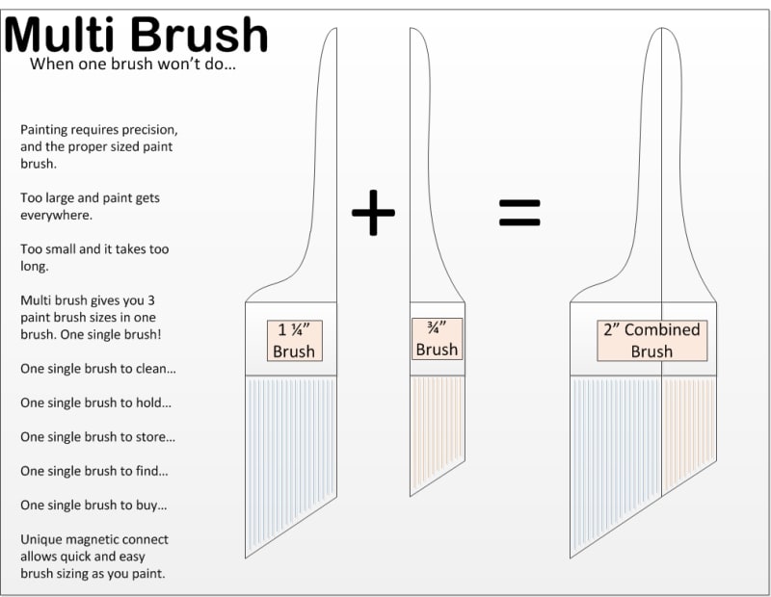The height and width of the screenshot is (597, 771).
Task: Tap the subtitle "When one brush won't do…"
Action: tap(133, 64)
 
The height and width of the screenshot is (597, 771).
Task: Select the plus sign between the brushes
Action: tap(373, 212)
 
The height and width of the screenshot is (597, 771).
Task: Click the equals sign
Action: tap(519, 212)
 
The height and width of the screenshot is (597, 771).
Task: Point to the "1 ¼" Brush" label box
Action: tap(295, 341)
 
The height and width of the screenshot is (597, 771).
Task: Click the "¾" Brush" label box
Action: tap(437, 339)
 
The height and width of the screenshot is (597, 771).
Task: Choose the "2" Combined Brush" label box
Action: tap(652, 341)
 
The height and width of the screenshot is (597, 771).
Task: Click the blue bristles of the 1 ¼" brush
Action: tap(291, 452)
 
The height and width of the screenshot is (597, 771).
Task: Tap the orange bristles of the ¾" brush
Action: tap(438, 428)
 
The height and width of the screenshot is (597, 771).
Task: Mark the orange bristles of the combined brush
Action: tap(689, 428)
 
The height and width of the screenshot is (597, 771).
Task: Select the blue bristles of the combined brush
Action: tap(616, 452)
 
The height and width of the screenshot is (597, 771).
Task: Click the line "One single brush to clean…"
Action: tap(98, 369)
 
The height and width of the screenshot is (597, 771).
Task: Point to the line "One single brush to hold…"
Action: tap(95, 402)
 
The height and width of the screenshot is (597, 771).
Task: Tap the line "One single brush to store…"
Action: tap(98, 437)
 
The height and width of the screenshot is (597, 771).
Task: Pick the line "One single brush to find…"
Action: tap(94, 471)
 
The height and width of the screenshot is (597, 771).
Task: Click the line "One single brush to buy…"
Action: tap(93, 506)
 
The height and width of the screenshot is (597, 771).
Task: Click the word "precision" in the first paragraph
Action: tap(149, 130)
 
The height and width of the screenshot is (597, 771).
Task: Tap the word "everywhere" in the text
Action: tap(56, 216)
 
